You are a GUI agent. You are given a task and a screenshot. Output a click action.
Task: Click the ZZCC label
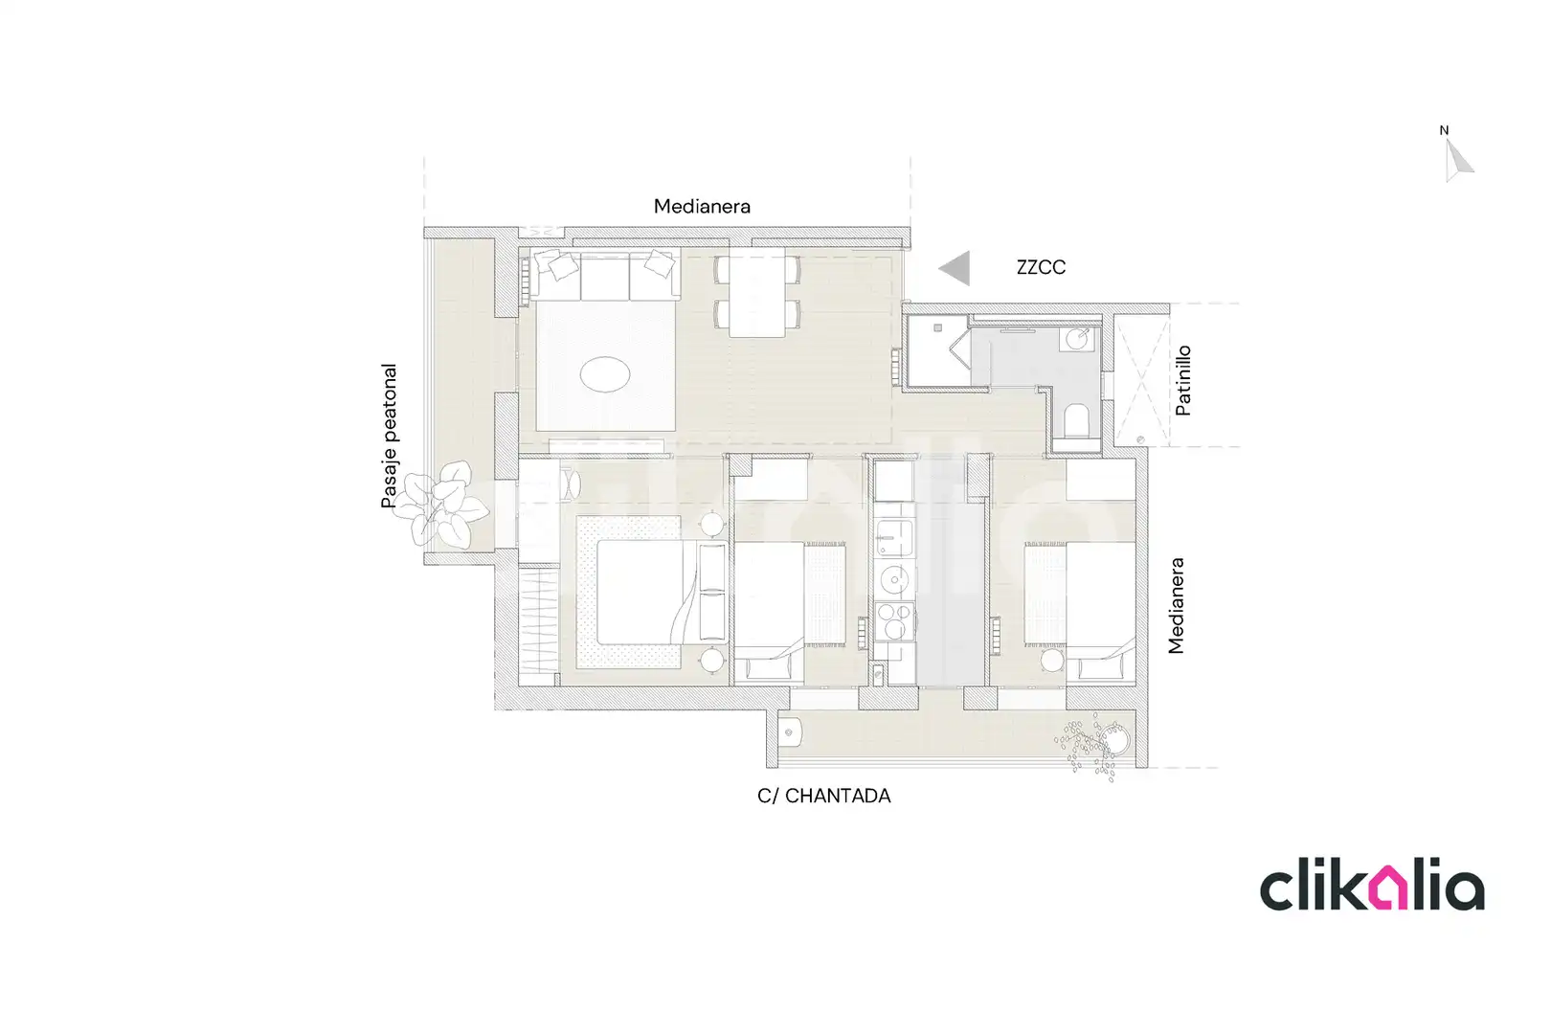pyautogui.click(x=1041, y=267)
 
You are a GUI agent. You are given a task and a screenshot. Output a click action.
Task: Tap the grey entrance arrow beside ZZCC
pyautogui.click(x=955, y=268)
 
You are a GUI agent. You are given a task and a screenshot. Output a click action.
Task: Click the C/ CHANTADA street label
pyautogui.click(x=824, y=796)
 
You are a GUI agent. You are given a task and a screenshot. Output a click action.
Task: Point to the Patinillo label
pyautogui.click(x=1182, y=380)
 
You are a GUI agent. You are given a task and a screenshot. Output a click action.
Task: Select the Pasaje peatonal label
pyautogui.click(x=390, y=436)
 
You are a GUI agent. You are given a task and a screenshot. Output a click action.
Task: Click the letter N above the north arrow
pyautogui.click(x=1444, y=130)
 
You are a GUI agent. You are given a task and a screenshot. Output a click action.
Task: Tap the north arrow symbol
pyautogui.click(x=1457, y=161)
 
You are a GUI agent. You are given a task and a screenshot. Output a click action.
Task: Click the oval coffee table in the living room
pyautogui.click(x=605, y=374)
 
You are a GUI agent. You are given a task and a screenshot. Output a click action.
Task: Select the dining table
pyautogui.click(x=756, y=292)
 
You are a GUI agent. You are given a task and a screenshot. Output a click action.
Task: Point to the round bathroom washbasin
pyautogui.click(x=1077, y=339)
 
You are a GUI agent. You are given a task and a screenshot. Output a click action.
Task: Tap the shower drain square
pyautogui.click(x=937, y=328)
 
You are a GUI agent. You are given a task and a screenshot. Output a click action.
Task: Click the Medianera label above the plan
pyautogui.click(x=702, y=207)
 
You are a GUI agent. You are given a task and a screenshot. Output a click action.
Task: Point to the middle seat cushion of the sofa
pyautogui.click(x=604, y=277)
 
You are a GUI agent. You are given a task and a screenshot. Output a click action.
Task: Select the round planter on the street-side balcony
pyautogui.click(x=1114, y=740)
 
